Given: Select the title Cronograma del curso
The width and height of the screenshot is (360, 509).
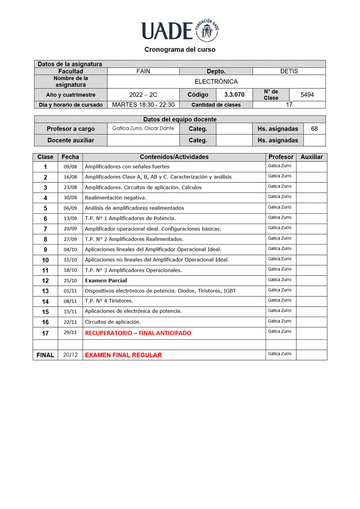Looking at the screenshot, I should [180, 49].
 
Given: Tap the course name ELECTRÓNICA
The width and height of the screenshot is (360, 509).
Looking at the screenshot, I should [216, 82].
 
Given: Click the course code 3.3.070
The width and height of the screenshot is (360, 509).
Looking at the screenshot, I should [234, 95].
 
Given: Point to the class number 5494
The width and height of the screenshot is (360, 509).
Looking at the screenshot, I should [307, 95].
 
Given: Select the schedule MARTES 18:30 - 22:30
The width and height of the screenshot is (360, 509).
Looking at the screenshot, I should [143, 105].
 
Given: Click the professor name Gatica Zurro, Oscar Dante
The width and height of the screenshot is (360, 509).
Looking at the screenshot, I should [143, 128].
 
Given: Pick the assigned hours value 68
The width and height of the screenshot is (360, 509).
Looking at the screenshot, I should [314, 129].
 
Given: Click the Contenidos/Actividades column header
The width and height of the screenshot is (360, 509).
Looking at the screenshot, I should [174, 157].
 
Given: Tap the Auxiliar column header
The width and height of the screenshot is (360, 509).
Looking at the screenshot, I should [311, 157].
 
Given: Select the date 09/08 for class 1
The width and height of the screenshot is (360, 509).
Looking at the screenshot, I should [70, 167].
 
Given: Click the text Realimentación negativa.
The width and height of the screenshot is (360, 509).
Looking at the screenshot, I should [116, 198].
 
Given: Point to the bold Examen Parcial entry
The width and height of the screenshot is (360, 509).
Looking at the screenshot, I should [106, 281].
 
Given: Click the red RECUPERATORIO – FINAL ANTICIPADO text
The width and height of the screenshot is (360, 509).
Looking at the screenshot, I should [138, 333].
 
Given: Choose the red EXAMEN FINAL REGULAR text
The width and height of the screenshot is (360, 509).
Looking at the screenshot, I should [123, 355].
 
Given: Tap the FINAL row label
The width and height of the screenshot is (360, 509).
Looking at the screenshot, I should [45, 355].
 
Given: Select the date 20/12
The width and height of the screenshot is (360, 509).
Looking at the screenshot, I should [70, 355].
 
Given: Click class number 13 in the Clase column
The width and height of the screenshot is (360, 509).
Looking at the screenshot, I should [45, 291].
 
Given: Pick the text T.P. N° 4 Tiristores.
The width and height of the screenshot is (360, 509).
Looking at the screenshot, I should [109, 301].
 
